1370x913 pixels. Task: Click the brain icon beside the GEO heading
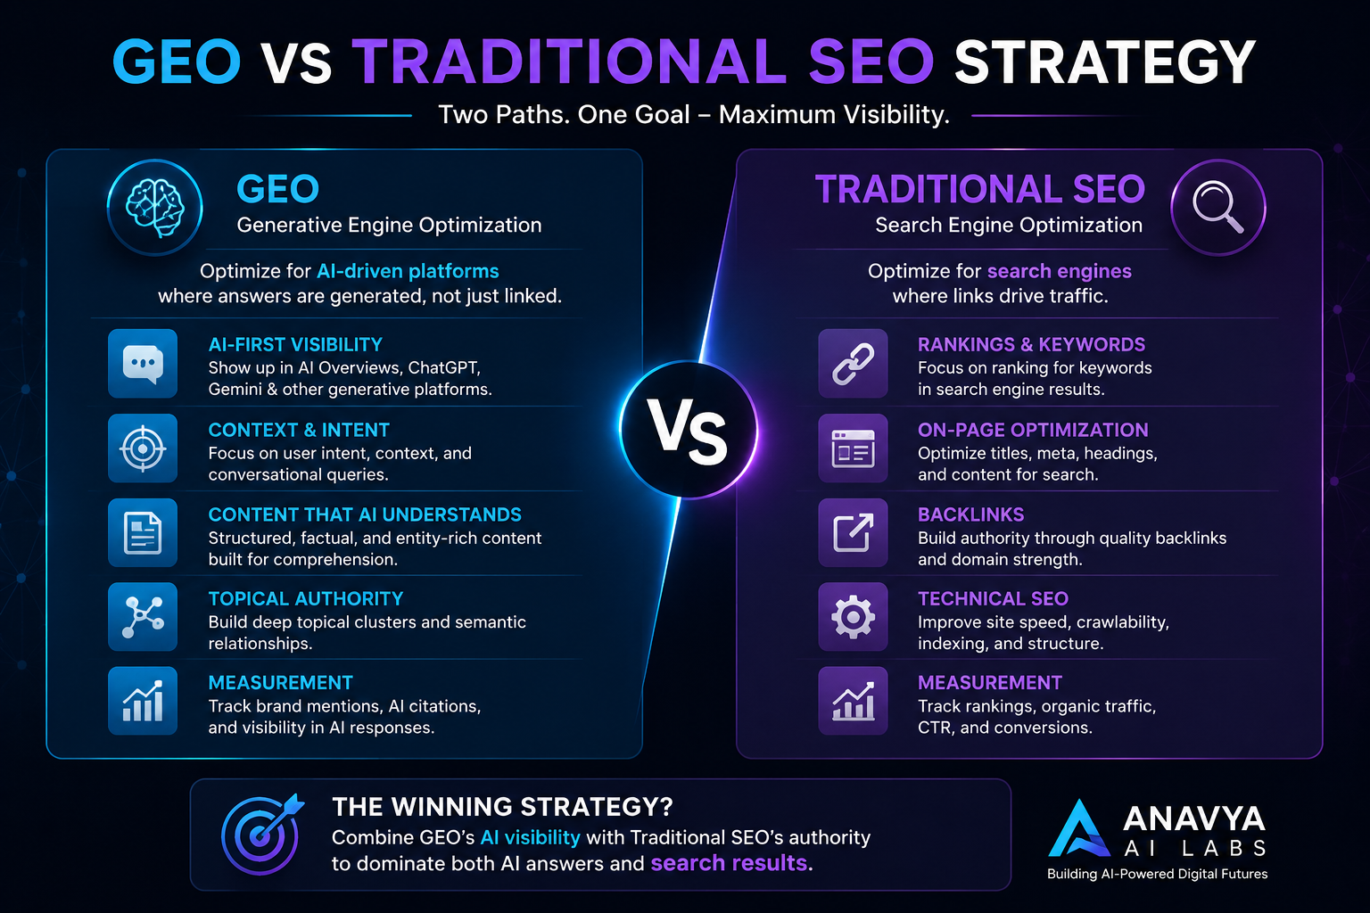click(x=154, y=208)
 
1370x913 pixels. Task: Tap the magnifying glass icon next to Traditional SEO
click(x=1218, y=208)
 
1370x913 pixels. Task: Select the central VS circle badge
click(x=689, y=430)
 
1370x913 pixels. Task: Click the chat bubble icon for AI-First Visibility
click(x=143, y=364)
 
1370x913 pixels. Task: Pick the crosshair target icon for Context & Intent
click(x=143, y=448)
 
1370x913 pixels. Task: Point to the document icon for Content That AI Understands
click(x=143, y=532)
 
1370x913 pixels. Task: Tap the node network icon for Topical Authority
click(x=143, y=616)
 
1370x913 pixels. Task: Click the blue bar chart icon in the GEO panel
click(x=143, y=701)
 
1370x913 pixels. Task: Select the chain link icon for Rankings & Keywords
click(x=854, y=364)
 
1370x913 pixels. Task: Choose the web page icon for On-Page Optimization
click(x=854, y=448)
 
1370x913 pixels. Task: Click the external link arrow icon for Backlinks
click(x=854, y=532)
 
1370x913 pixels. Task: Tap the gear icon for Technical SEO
click(x=854, y=616)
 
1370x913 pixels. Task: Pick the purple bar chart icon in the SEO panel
click(x=854, y=701)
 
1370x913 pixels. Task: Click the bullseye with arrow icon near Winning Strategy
click(x=261, y=835)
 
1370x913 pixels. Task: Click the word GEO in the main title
click(x=177, y=62)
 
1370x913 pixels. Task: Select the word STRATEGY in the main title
click(x=1104, y=62)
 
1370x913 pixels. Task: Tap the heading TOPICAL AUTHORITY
click(x=306, y=598)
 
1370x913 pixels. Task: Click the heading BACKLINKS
click(x=970, y=514)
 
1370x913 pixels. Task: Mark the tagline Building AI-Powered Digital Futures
click(x=1157, y=874)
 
